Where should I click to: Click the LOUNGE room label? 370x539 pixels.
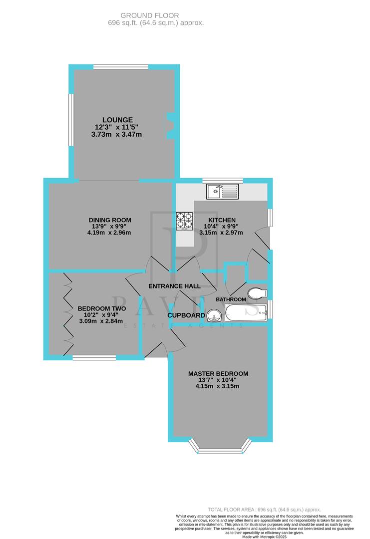pyautogui.click(x=118, y=120)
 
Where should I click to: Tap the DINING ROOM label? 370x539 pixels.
pyautogui.click(x=110, y=220)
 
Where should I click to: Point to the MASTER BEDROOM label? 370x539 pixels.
pyautogui.click(x=218, y=374)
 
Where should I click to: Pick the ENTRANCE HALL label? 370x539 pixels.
pyautogui.click(x=174, y=286)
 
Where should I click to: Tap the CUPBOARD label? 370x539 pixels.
pyautogui.click(x=186, y=315)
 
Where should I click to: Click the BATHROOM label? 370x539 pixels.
pyautogui.click(x=231, y=299)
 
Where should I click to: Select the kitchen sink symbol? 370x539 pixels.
pyautogui.click(x=223, y=191)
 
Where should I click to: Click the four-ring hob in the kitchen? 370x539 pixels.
pyautogui.click(x=184, y=220)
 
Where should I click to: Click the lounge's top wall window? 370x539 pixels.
pyautogui.click(x=120, y=67)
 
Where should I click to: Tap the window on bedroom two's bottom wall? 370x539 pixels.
pyautogui.click(x=94, y=357)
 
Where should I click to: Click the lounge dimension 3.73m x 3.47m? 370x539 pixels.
pyautogui.click(x=118, y=135)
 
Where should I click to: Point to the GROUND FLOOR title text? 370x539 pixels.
pyautogui.click(x=156, y=16)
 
